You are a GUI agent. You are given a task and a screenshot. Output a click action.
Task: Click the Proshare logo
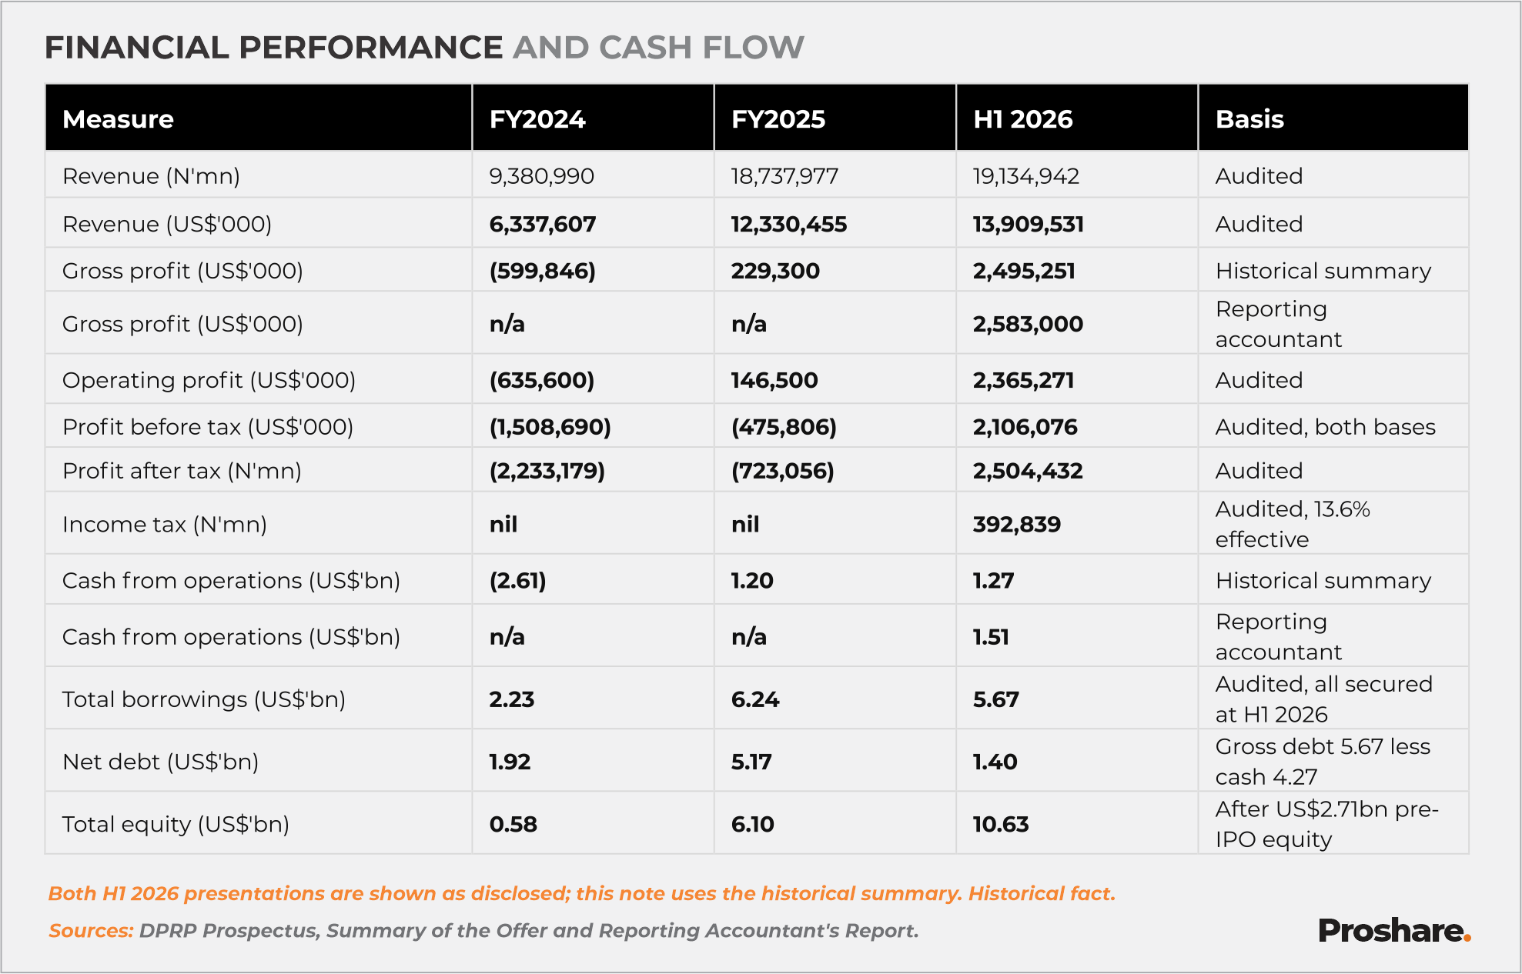(x=1394, y=931)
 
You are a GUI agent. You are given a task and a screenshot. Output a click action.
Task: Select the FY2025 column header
(x=778, y=119)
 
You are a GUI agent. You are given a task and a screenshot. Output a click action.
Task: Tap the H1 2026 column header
(x=1023, y=119)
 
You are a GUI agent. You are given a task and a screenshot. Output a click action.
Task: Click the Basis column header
(x=1249, y=119)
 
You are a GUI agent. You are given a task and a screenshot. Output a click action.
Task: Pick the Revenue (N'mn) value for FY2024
(x=542, y=176)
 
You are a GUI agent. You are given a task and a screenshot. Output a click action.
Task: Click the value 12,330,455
(x=789, y=225)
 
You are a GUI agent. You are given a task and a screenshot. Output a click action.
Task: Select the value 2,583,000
(x=1028, y=324)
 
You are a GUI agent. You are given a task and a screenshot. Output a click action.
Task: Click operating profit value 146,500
(x=774, y=380)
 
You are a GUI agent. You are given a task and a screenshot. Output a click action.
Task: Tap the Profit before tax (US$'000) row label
(x=208, y=427)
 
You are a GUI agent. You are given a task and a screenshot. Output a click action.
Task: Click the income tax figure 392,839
(x=1017, y=525)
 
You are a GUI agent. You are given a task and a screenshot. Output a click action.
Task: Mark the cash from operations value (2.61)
(x=518, y=581)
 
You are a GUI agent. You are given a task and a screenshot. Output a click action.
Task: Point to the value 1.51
(x=991, y=637)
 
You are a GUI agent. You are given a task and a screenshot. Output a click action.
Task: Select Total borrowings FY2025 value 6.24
(x=755, y=699)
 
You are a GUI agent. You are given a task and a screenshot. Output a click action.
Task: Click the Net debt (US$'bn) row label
(x=161, y=762)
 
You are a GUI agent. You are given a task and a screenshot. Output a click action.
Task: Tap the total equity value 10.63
(x=1001, y=824)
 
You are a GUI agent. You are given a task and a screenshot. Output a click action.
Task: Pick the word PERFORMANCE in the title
(x=371, y=48)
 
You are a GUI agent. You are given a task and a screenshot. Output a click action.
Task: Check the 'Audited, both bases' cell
(x=1326, y=427)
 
